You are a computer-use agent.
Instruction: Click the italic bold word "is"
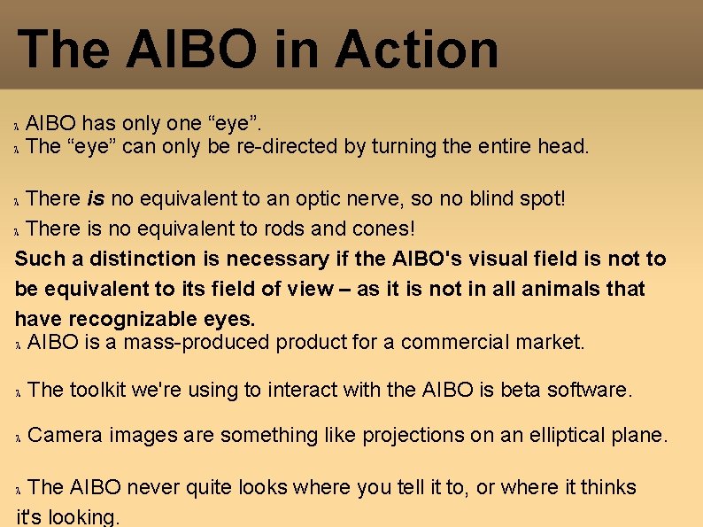97,198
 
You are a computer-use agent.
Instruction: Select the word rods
283,229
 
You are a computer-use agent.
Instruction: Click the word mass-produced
193,342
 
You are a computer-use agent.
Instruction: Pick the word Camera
66,436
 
